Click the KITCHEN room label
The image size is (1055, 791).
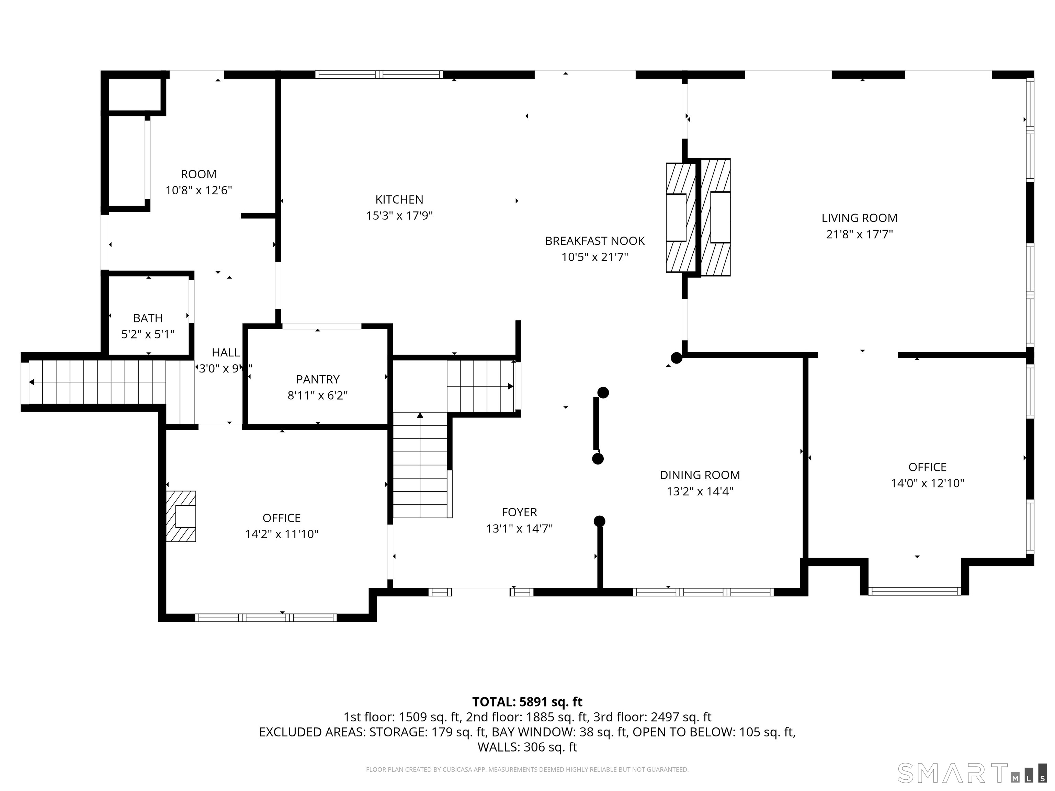coord(399,199)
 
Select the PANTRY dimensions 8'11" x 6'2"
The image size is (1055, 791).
coord(318,395)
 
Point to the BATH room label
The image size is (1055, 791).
coord(148,318)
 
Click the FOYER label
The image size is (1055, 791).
coord(519,512)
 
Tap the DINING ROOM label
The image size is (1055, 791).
coord(700,475)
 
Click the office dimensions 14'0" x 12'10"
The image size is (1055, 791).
coord(927,483)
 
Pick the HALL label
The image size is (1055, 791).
coord(226,352)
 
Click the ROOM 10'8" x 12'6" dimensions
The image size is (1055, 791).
coord(198,190)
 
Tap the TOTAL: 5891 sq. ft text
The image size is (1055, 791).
coord(527,702)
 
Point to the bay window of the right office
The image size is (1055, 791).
coord(914,591)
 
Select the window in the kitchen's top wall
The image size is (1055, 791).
coord(379,74)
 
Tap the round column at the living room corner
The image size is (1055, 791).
coord(676,358)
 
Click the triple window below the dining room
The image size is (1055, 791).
coord(703,592)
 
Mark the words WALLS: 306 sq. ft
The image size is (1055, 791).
coord(527,747)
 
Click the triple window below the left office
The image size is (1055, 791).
coord(266,617)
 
